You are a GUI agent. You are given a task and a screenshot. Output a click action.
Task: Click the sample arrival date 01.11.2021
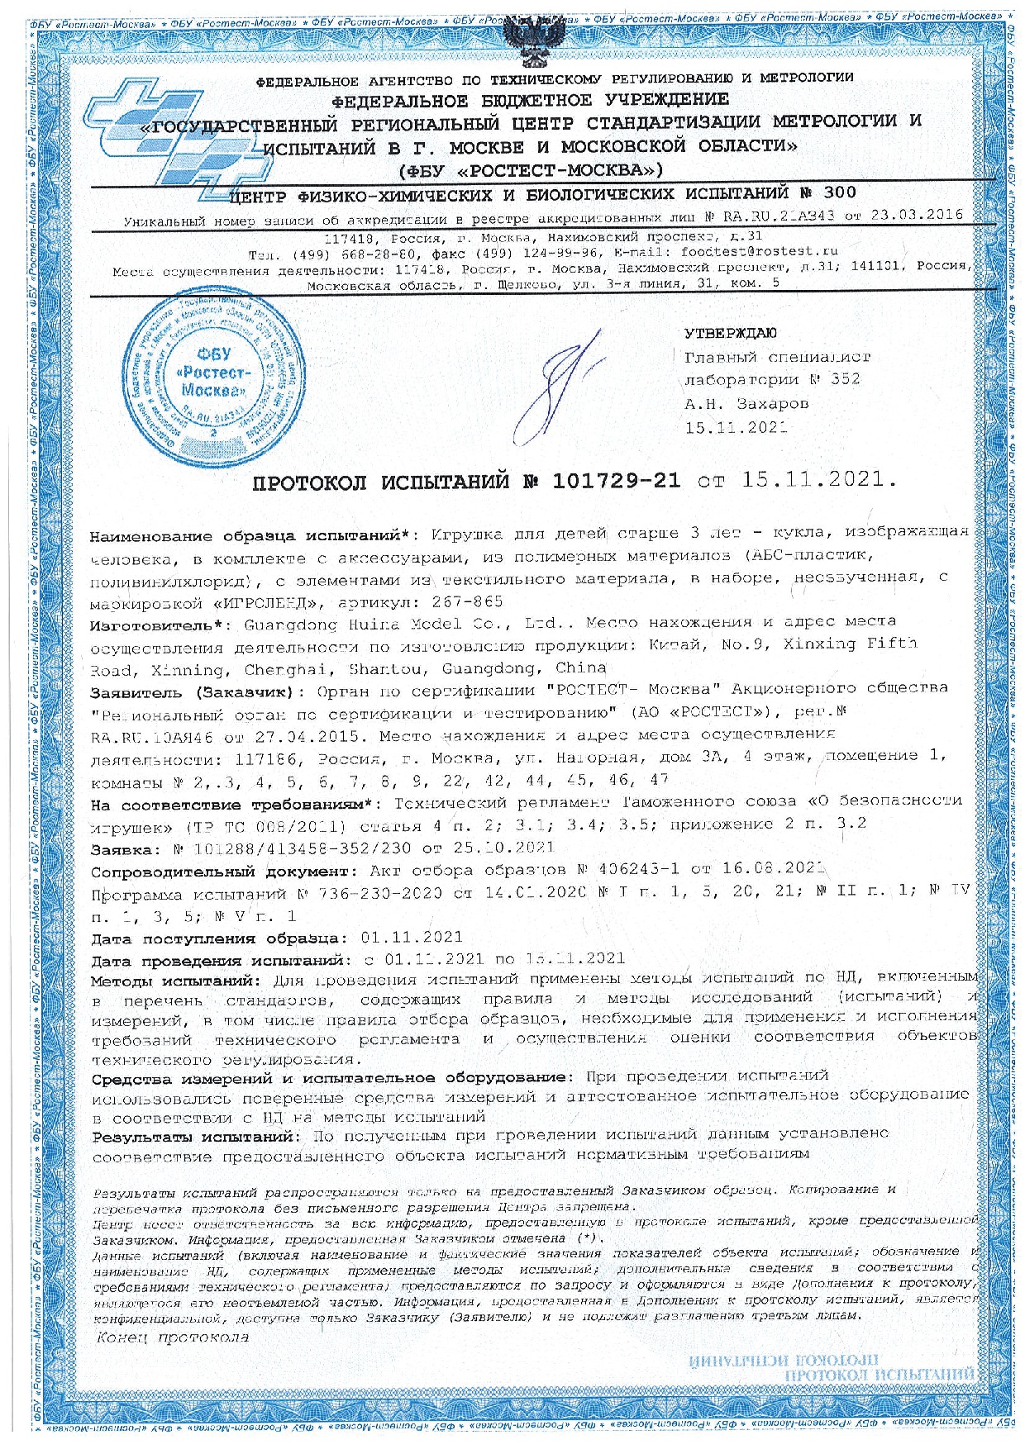click(x=412, y=938)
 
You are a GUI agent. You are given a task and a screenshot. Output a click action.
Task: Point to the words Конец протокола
click(x=173, y=1337)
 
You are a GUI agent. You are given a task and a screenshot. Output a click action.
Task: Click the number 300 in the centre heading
click(x=839, y=194)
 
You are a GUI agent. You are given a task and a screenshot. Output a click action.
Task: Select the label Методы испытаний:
click(x=175, y=981)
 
